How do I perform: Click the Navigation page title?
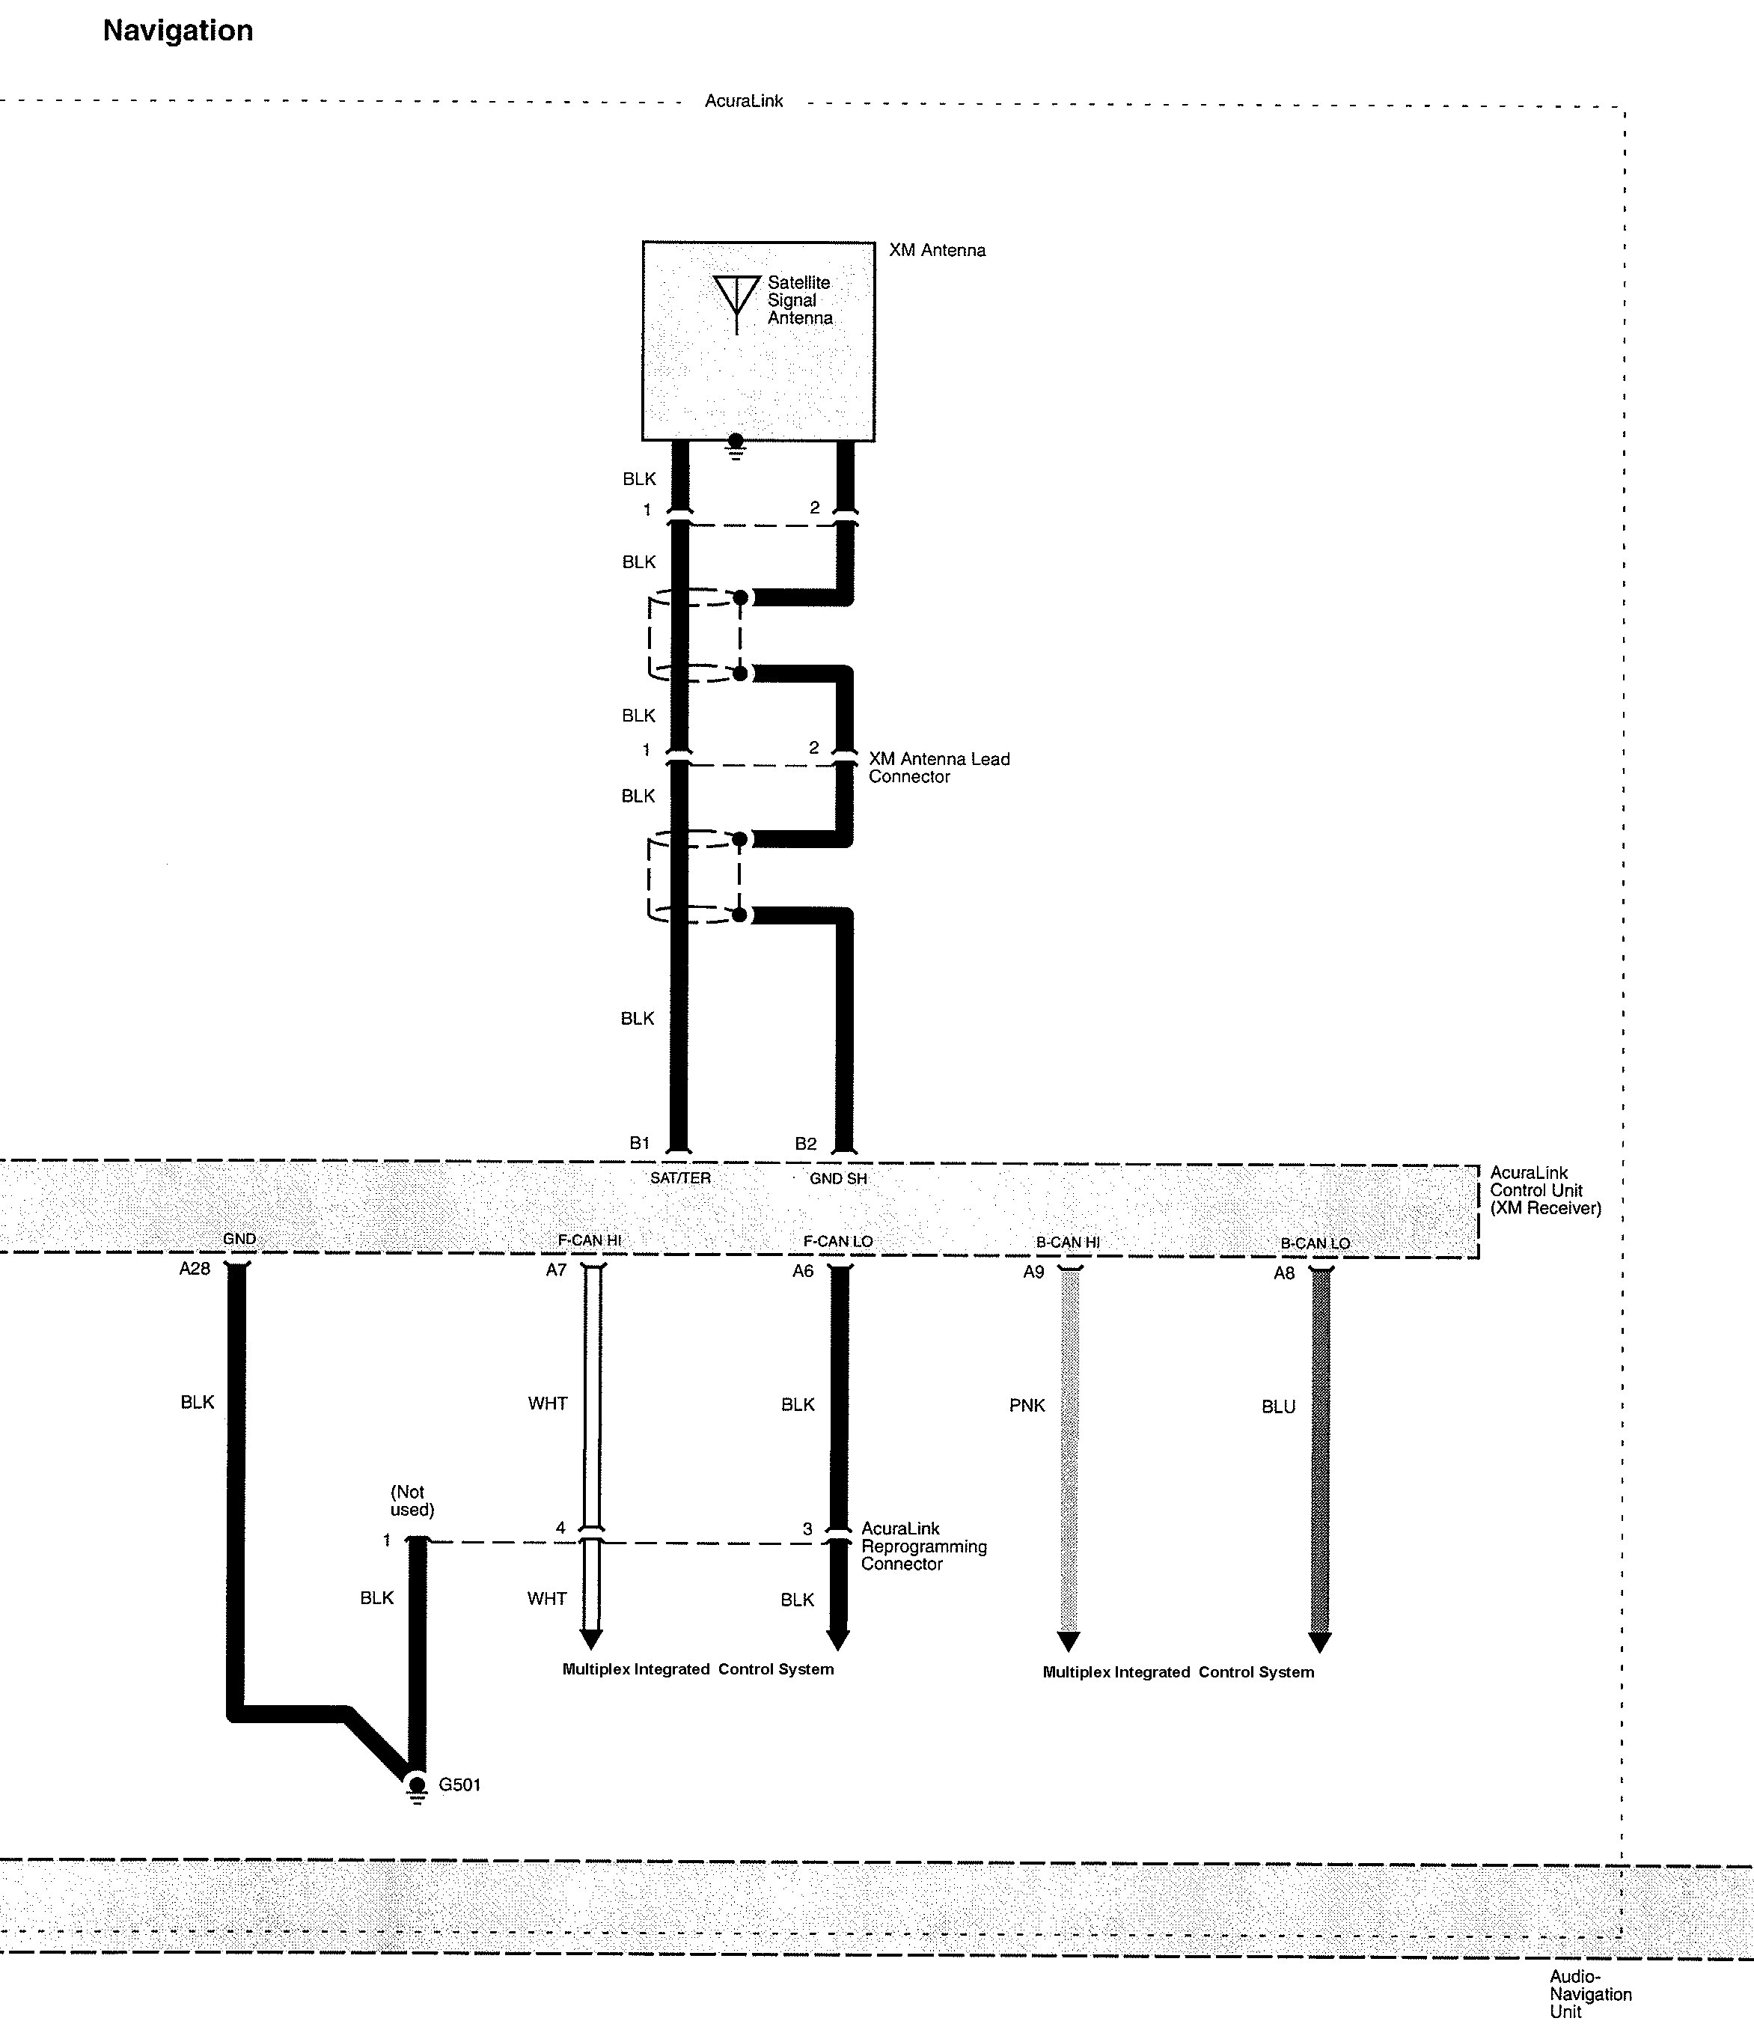177,31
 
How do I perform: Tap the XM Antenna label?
937,250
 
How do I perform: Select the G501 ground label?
459,1784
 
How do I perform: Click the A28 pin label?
195,1269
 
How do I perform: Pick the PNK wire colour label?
1027,1405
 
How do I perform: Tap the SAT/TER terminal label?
679,1177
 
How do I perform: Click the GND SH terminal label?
838,1178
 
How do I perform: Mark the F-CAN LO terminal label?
838,1241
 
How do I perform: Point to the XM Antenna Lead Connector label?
939,767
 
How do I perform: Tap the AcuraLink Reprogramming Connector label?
924,1546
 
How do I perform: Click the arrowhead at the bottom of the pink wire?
1069,1642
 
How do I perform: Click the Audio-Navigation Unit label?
1590,1994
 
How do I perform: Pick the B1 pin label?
640,1143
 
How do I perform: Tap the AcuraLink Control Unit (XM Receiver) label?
1545,1190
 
